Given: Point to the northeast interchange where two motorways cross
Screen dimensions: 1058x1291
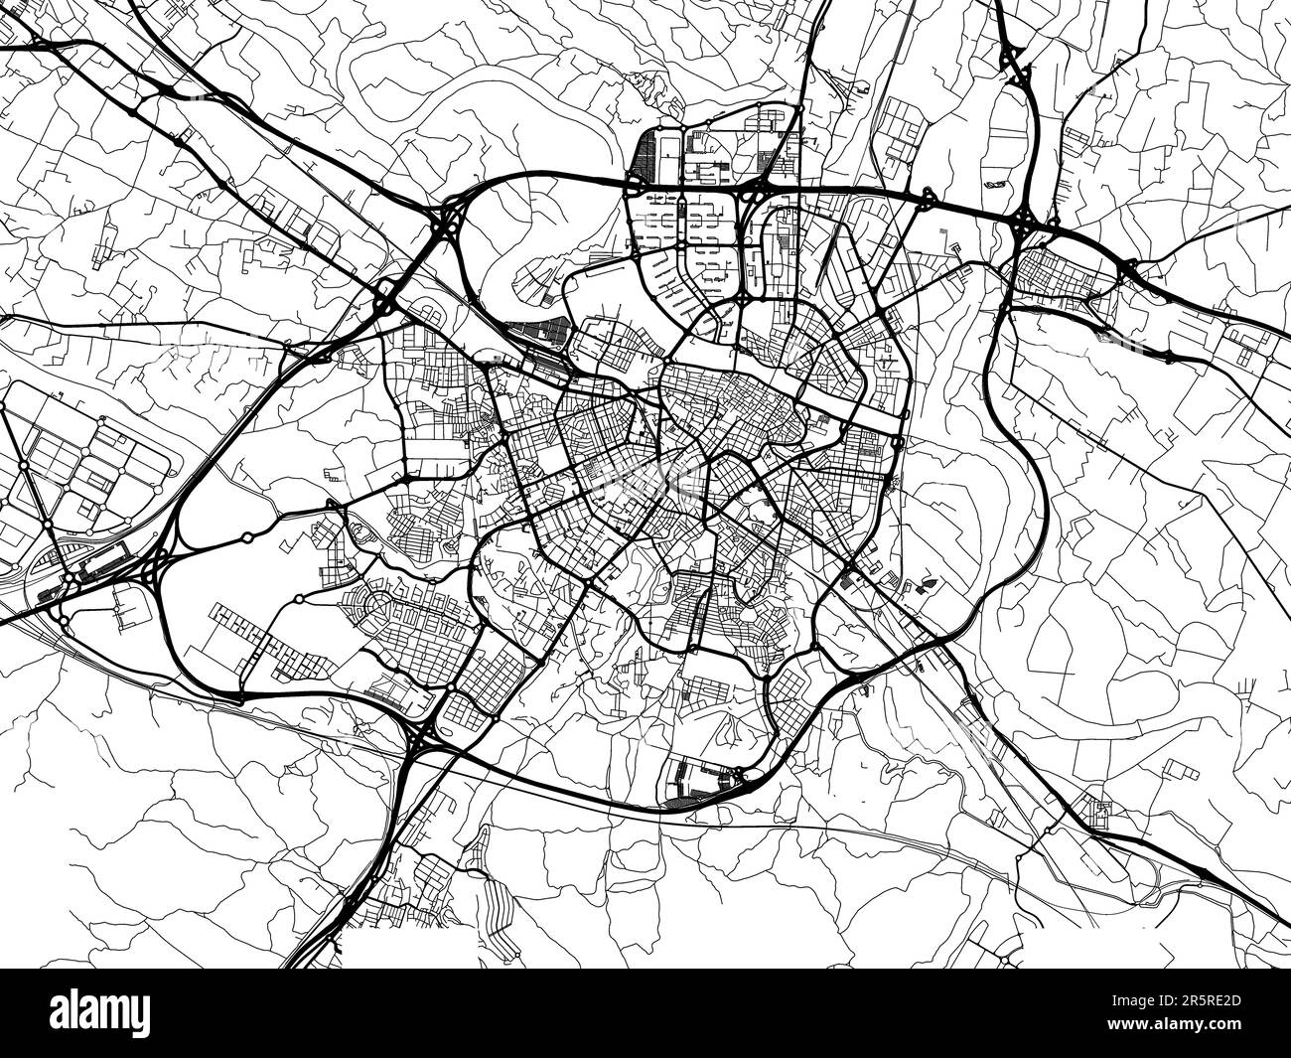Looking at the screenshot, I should (x=1023, y=222).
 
